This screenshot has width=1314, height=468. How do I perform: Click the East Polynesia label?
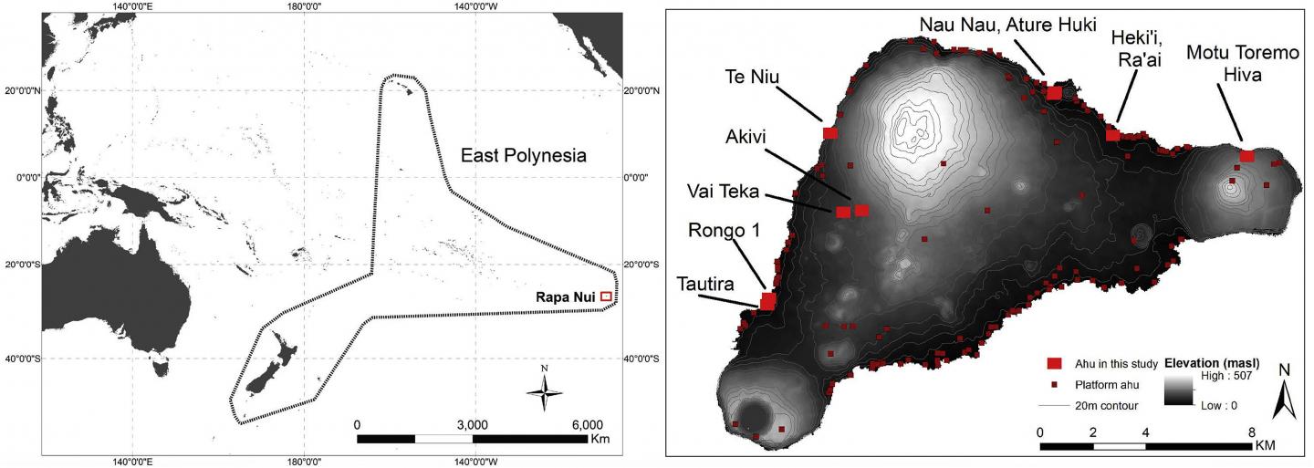click(x=523, y=156)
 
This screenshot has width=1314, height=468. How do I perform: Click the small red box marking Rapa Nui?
click(x=606, y=296)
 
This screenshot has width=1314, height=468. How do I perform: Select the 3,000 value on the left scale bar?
click(x=472, y=425)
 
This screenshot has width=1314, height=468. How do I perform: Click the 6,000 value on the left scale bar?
click(x=588, y=425)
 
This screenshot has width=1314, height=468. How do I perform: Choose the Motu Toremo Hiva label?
click(x=1243, y=64)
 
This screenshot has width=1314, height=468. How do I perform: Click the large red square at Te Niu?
click(x=830, y=133)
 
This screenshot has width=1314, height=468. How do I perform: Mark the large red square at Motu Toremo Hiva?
click(x=1247, y=156)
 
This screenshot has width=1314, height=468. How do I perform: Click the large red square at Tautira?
click(x=768, y=300)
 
